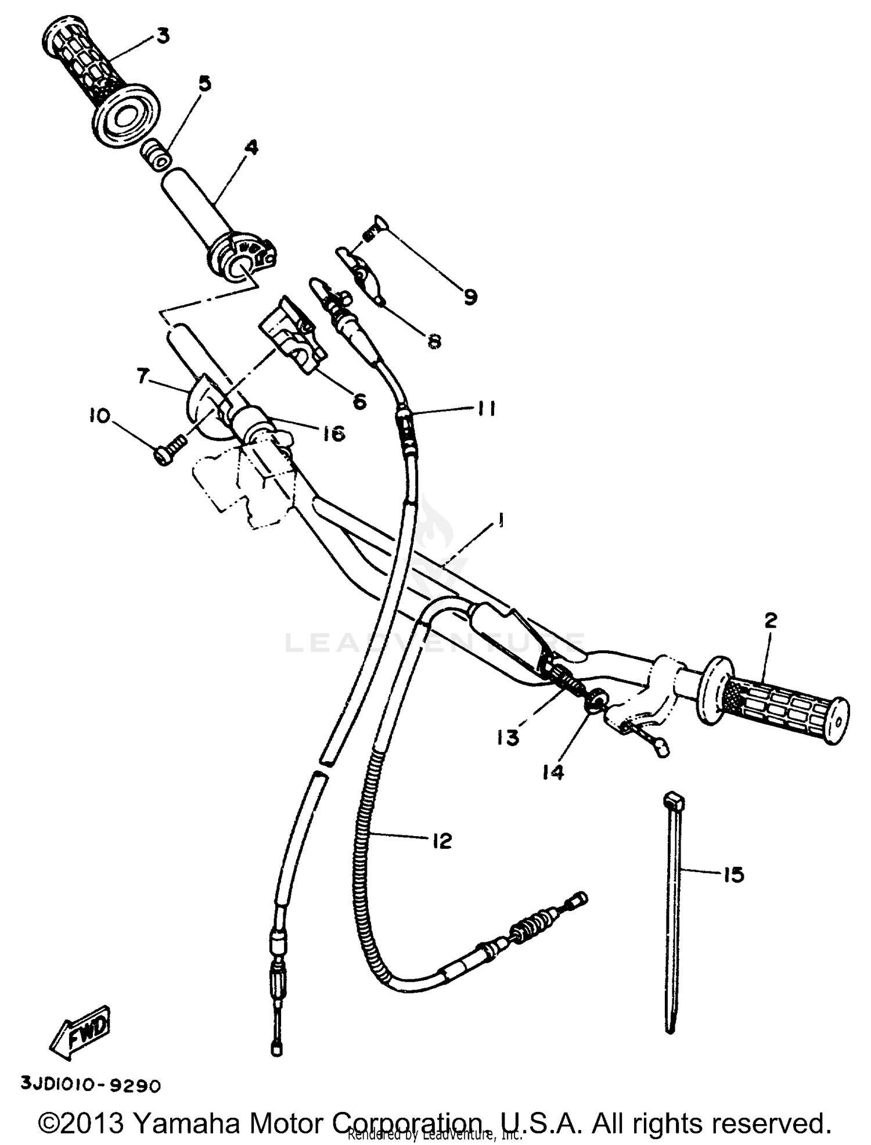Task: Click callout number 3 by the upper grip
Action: [x=163, y=36]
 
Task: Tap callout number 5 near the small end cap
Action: [x=204, y=84]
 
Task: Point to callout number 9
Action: [x=470, y=297]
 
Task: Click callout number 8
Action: [x=434, y=341]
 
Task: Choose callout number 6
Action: [x=359, y=401]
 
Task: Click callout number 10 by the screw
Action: [x=99, y=416]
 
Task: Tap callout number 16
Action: [x=333, y=433]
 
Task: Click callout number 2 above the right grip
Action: [x=770, y=621]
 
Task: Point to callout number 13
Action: [x=508, y=738]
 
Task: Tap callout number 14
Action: [x=553, y=772]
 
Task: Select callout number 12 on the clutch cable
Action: [x=442, y=841]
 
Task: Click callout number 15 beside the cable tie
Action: [x=734, y=874]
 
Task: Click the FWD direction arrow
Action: [x=80, y=1034]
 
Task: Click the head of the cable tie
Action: [x=674, y=800]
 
